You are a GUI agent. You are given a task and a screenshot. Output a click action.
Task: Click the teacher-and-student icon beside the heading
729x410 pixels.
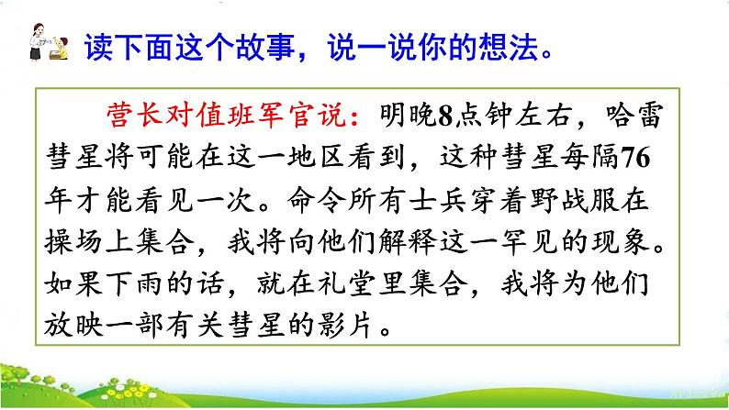41,46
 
